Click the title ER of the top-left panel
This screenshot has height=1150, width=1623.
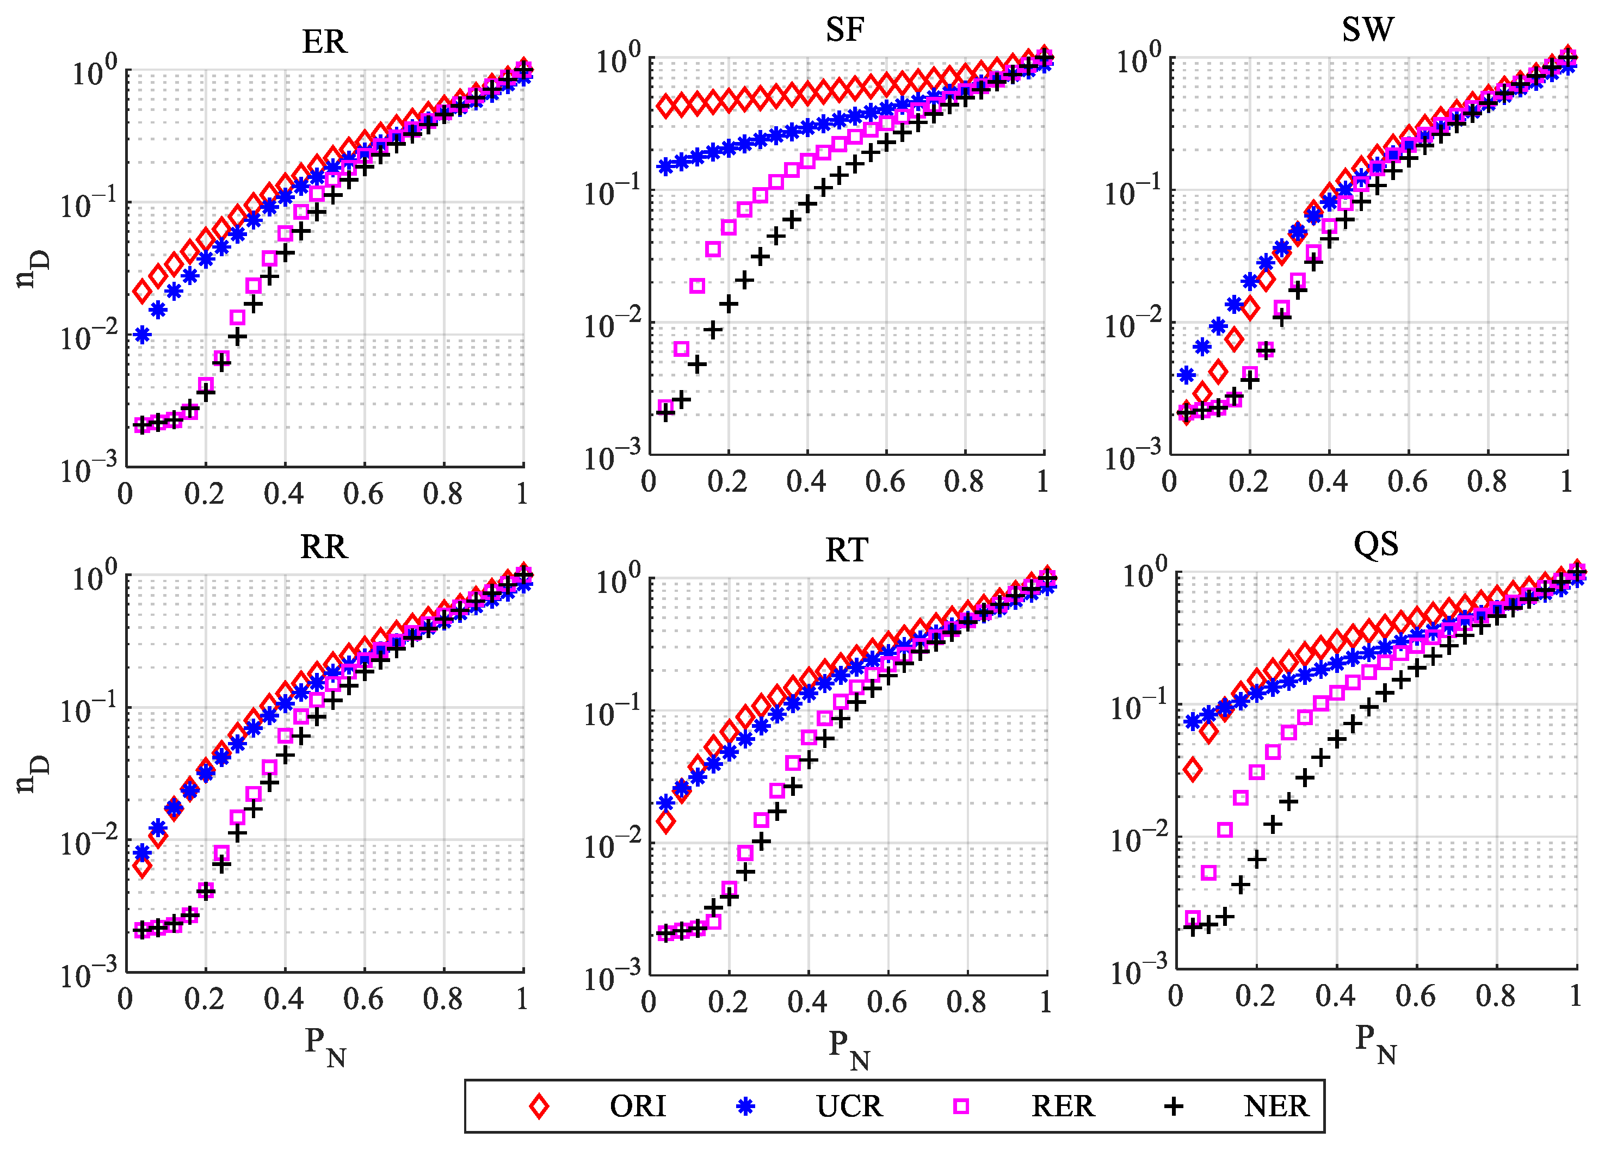pos(324,42)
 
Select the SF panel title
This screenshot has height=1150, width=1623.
pos(845,30)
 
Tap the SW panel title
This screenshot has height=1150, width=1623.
pos(1367,30)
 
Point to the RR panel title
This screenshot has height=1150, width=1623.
pos(324,547)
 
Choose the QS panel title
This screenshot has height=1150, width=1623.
pos(1375,545)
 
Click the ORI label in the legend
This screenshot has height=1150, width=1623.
pos(637,1106)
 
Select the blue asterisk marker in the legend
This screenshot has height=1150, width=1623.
pos(745,1106)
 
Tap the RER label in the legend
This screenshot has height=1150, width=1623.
pos(1062,1106)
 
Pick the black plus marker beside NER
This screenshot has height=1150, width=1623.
pos(1174,1106)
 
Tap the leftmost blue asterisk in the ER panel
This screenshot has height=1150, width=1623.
pos(143,335)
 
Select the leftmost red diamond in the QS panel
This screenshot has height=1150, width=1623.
pos(1193,769)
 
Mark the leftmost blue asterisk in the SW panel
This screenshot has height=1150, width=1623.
pos(1186,375)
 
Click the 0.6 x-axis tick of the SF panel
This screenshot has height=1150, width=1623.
pos(885,482)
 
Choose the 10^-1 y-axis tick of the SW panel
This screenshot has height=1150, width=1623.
pos(1132,191)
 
